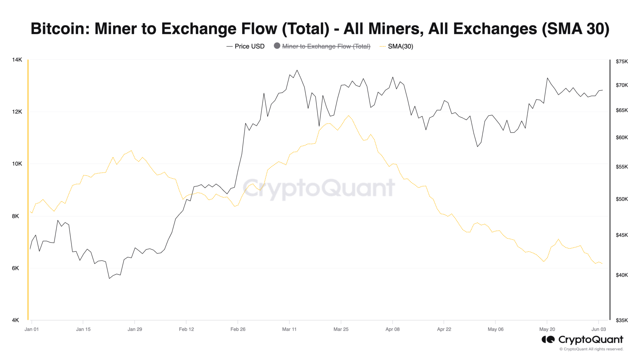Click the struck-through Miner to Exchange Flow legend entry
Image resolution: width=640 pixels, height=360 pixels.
326,46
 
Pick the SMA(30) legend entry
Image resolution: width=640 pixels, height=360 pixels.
400,46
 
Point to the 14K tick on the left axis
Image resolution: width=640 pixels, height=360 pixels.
17,60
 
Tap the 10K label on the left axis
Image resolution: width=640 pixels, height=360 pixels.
17,164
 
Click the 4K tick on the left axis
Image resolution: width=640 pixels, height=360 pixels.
16,320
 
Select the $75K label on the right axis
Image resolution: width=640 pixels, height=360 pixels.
622,62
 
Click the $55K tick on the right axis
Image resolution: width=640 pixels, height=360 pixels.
622,167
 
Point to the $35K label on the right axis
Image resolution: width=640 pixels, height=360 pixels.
622,320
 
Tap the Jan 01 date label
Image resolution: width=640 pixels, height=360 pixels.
32,329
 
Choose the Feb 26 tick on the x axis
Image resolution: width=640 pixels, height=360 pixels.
238,329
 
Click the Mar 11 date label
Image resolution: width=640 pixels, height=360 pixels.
289,329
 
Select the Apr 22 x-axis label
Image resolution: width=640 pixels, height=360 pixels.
444,329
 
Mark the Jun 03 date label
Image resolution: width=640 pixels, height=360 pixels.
598,329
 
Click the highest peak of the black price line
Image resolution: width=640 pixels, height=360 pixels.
297,70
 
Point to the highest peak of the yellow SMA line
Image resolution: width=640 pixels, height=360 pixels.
348,116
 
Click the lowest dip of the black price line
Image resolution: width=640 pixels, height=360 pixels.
109,278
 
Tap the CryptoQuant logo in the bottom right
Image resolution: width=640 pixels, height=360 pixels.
582,340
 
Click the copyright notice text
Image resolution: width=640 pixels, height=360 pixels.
591,349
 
